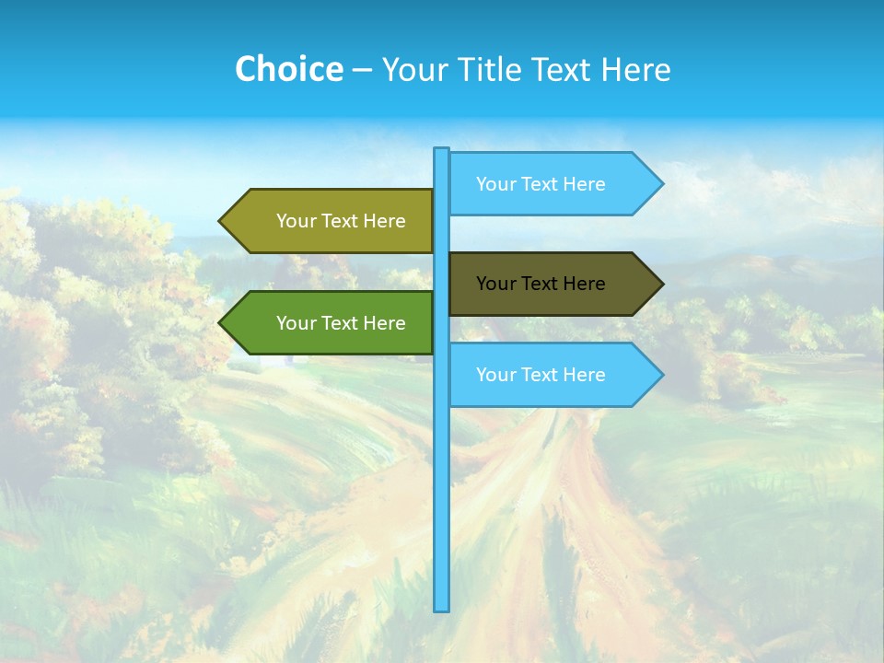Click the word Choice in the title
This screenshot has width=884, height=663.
(x=288, y=69)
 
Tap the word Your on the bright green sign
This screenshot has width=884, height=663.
(x=295, y=323)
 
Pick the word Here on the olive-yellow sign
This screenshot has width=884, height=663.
(x=384, y=221)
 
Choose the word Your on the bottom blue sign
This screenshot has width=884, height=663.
(x=494, y=375)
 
